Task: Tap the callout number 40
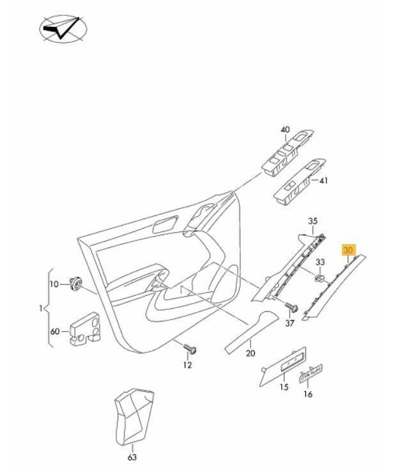[x=285, y=130]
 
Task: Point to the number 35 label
[x=312, y=222]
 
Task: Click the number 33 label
[x=321, y=261]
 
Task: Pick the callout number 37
[x=290, y=323]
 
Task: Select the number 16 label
[x=309, y=394]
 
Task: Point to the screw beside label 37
[x=290, y=307]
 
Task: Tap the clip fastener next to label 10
[x=77, y=283]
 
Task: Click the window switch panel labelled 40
[x=287, y=156]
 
